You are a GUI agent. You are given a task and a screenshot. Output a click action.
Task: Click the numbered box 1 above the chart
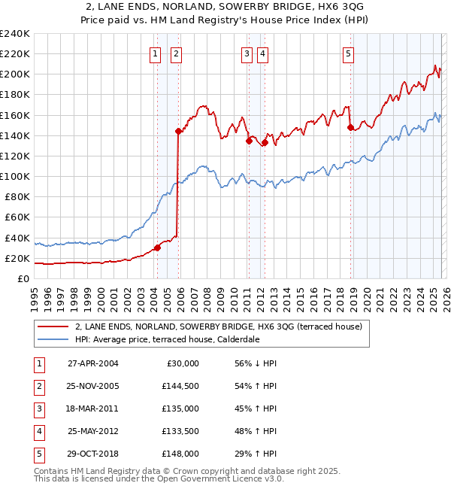point(155,53)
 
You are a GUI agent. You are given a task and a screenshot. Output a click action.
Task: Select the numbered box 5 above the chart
point(349,53)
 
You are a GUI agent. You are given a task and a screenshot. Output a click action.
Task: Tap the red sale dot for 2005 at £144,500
point(178,131)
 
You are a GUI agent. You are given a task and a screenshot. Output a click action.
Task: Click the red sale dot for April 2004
point(157,248)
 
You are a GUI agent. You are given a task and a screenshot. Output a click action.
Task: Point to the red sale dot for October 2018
point(350,127)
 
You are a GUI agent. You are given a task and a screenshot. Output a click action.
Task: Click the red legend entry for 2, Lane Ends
point(219,327)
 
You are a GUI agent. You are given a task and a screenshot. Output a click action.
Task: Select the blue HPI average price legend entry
point(167,339)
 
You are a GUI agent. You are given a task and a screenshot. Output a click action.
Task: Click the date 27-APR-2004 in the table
point(93,363)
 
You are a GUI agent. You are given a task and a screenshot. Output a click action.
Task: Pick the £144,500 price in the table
point(181,386)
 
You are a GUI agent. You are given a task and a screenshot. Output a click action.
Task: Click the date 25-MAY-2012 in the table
point(93,431)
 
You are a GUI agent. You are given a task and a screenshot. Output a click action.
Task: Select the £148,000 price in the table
point(181,454)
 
